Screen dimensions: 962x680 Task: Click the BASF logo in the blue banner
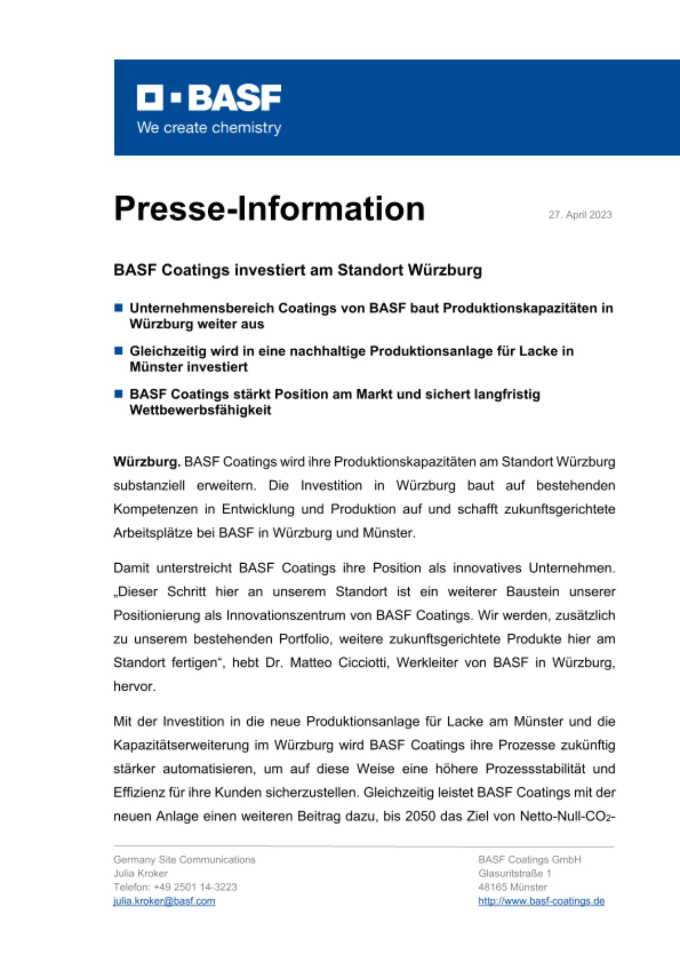(209, 98)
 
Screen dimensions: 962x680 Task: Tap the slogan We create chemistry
(209, 128)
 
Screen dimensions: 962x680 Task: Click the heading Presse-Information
(269, 209)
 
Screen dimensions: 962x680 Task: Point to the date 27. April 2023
(580, 215)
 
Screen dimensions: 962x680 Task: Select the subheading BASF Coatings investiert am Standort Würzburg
(297, 270)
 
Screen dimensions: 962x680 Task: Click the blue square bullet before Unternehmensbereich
(118, 308)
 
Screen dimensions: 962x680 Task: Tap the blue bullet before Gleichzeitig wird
(118, 351)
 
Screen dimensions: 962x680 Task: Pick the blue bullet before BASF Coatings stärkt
(118, 394)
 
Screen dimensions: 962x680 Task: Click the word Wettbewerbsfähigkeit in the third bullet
(200, 410)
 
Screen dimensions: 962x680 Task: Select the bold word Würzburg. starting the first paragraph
(147, 462)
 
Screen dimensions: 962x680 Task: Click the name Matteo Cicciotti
(340, 663)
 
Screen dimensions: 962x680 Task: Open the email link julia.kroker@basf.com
(164, 901)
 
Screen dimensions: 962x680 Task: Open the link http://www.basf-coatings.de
(541, 901)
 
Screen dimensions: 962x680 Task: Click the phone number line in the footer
(175, 887)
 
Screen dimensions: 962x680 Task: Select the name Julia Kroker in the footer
(140, 873)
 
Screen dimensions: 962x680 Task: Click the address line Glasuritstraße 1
(514, 873)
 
